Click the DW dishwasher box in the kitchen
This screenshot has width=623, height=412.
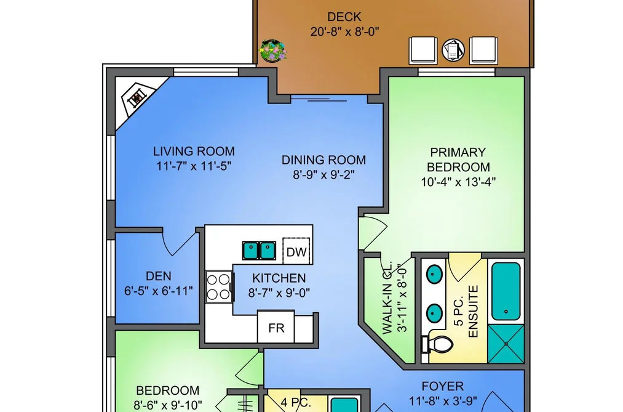[296, 251]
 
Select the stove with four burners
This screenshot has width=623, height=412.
[218, 287]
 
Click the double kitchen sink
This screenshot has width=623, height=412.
[259, 251]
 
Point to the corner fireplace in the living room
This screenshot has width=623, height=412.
[137, 97]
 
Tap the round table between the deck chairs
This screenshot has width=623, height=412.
[453, 50]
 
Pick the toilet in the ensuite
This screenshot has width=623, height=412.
[437, 344]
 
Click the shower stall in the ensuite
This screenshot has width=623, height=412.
[506, 344]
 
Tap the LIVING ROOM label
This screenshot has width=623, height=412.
[194, 151]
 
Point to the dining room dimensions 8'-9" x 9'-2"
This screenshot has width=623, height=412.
[324, 174]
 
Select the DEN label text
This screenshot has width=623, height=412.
[159, 276]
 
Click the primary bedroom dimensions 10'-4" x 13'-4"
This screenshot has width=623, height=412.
[458, 182]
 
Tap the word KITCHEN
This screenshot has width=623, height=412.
[279, 278]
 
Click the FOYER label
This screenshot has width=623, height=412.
[443, 386]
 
